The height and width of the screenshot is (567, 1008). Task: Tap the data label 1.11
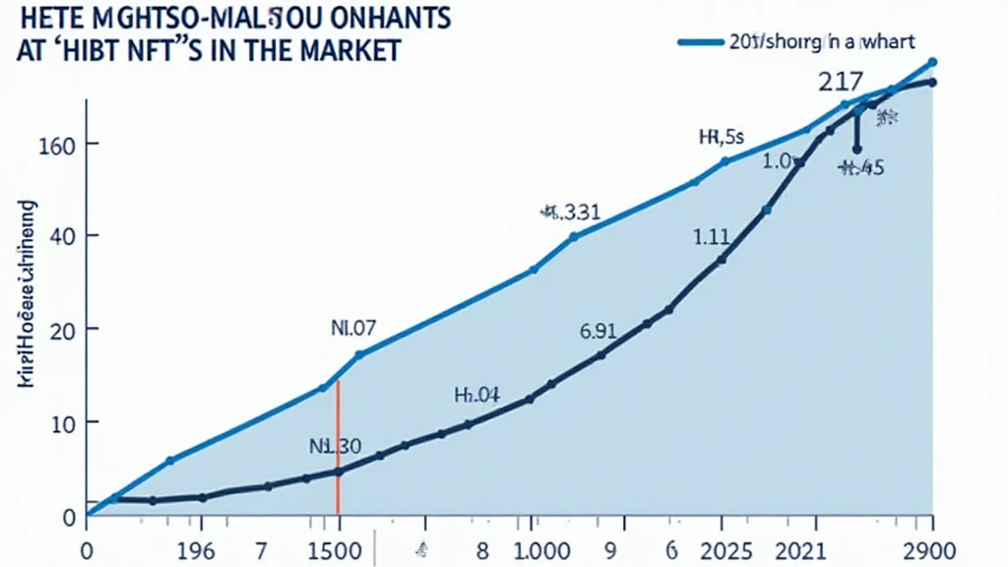(712, 236)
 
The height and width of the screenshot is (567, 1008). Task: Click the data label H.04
(476, 396)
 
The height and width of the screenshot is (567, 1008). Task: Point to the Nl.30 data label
(335, 446)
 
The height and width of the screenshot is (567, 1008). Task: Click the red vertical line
(338, 453)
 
